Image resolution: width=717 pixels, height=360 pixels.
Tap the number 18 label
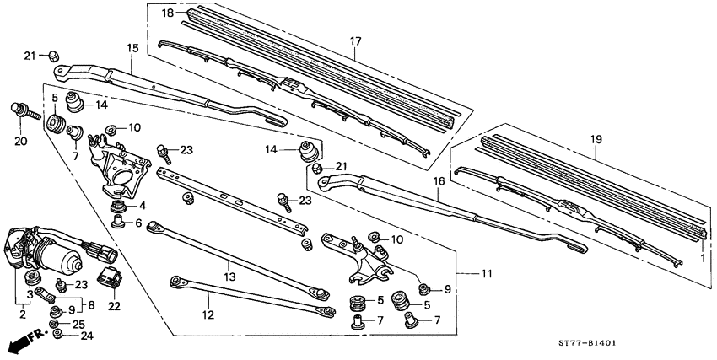[168, 13]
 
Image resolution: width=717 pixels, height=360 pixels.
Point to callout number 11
[487, 274]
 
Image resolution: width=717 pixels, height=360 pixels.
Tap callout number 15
[132, 49]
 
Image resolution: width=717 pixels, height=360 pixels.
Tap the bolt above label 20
[19, 110]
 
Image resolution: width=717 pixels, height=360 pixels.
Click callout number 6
[140, 223]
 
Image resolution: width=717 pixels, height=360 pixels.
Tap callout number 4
[142, 205]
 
